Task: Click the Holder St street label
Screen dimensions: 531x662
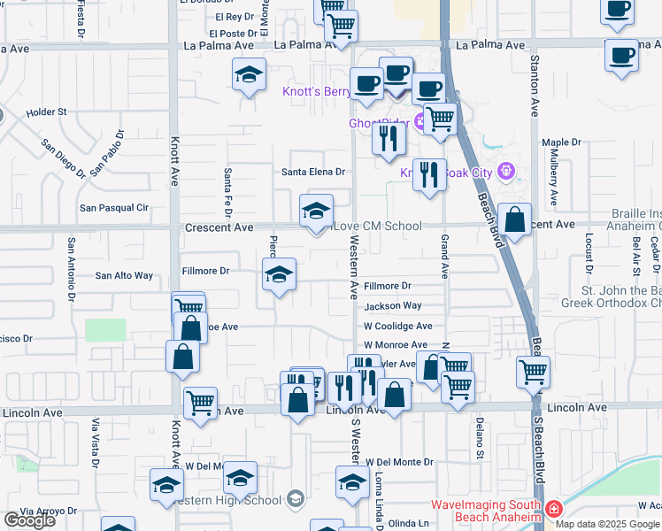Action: [47, 112]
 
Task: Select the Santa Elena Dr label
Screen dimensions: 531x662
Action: [312, 172]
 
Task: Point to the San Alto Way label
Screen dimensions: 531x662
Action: [124, 275]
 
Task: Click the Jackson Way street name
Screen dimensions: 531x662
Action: [393, 306]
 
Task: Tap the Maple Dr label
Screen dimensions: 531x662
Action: [561, 142]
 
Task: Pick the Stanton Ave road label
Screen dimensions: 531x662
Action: [535, 87]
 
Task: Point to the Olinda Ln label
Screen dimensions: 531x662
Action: [408, 523]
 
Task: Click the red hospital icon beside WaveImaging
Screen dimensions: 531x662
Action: [554, 509]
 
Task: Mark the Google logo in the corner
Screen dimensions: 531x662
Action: [29, 520]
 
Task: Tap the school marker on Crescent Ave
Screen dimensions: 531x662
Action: [316, 212]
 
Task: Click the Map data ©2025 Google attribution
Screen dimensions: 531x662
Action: [607, 524]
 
